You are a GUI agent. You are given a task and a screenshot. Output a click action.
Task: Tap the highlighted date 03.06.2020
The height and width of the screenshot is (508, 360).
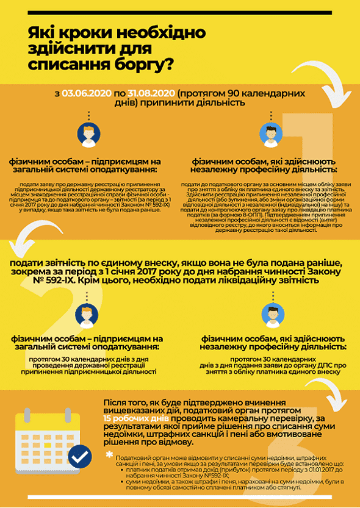coord(86,93)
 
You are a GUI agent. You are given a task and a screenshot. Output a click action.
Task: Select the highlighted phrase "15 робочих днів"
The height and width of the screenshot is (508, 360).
coord(132,419)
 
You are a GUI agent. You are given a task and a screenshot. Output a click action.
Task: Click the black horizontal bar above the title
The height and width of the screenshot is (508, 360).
coord(180,12)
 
